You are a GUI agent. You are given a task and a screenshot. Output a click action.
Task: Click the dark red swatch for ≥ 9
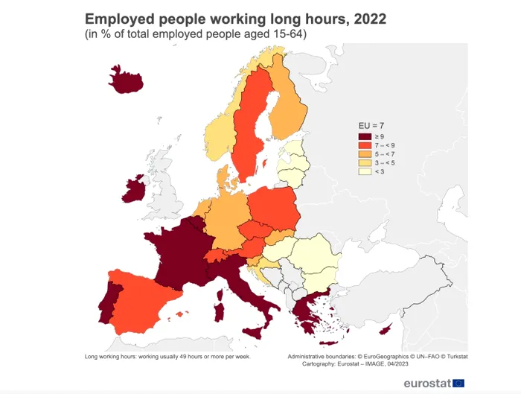tap(365, 136)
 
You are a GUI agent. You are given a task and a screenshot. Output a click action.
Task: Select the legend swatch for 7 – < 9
tap(365, 145)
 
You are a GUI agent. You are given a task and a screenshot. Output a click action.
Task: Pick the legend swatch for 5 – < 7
tap(365, 154)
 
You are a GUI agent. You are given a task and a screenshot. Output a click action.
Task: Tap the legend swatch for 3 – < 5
tap(365, 163)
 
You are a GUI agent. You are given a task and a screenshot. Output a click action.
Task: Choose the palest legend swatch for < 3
tap(365, 172)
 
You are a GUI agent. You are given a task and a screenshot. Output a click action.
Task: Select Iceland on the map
tap(126, 79)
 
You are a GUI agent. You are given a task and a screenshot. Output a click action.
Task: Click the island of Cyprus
tap(386, 330)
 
